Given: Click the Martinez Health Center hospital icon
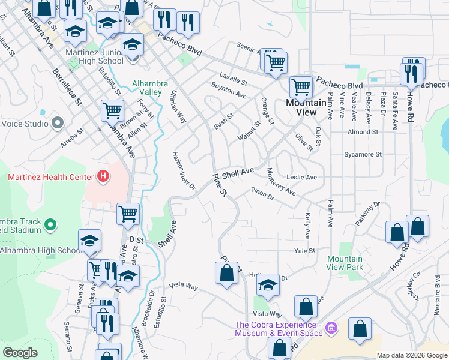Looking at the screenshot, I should point(103,176).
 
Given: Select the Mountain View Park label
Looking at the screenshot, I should point(345,262).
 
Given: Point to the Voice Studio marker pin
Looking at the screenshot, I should point(58,124).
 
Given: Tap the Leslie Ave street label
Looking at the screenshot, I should point(301,178).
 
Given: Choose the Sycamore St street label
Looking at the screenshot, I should point(362,154).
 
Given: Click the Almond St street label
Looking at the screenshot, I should point(363,131).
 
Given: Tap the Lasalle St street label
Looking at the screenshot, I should point(234,79).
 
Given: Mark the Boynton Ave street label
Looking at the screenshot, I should point(229,91).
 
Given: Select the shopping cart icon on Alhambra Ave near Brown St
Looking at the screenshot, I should point(113,110).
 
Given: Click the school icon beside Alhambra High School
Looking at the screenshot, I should point(90,241).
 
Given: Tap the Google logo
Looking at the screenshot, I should point(20,353).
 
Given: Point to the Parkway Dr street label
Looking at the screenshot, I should point(367,213).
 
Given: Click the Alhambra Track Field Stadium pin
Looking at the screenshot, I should point(50,226).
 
